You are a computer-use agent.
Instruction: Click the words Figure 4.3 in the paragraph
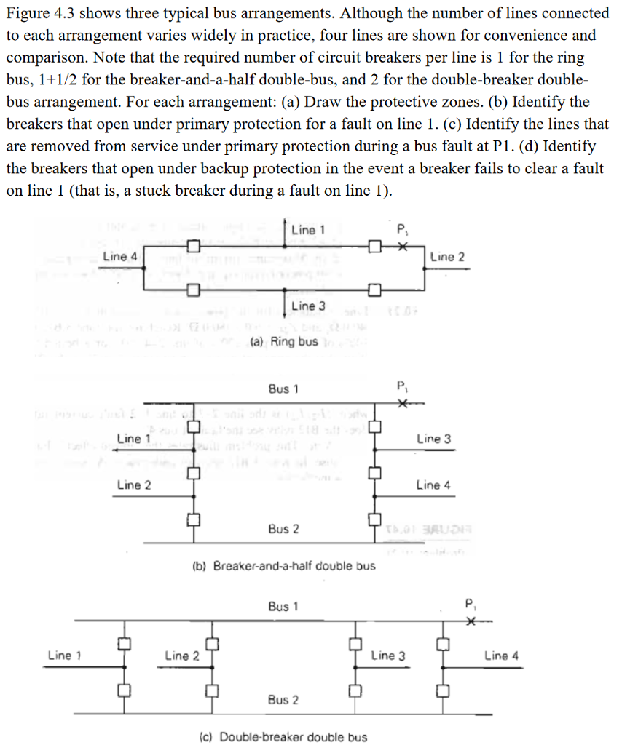point(38,14)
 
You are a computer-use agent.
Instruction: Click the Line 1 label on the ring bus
point(304,230)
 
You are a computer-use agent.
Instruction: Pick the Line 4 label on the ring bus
point(119,256)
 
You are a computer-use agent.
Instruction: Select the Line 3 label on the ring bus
point(304,306)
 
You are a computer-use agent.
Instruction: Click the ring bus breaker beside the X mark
point(374,247)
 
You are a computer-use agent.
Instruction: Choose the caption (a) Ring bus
point(283,342)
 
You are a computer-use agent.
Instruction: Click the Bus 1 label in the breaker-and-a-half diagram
point(283,389)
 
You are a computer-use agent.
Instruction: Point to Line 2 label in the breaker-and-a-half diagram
point(133,485)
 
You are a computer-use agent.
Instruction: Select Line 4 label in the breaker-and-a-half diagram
point(433,485)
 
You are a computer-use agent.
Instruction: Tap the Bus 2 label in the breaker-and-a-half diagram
point(283,529)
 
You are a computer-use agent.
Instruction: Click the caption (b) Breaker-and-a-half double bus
point(283,566)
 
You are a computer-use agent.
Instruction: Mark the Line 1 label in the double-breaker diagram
point(65,656)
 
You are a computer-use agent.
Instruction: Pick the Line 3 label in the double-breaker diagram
point(388,656)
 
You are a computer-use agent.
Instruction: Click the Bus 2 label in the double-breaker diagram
point(283,700)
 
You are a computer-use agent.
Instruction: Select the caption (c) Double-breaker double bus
point(283,737)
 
